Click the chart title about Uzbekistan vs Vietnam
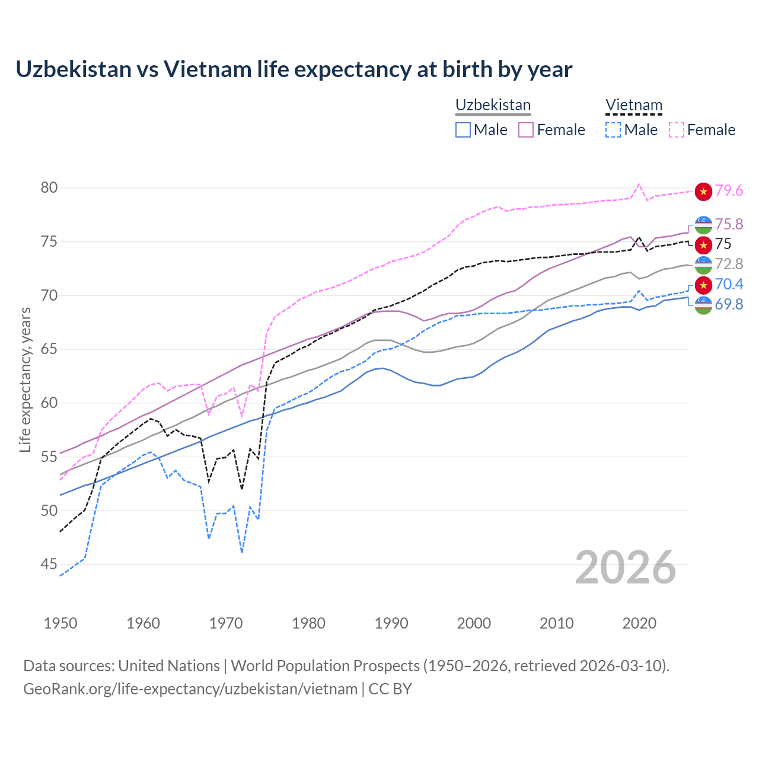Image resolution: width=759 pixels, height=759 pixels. coord(294,69)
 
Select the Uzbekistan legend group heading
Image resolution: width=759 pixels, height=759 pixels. coord(493,105)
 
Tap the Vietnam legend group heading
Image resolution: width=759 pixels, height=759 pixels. coord(633,105)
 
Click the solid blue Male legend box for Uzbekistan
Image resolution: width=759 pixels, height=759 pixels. coord(463,130)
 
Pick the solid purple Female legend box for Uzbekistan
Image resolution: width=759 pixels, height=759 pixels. coord(526,130)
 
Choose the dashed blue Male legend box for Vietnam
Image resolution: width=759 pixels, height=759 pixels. coord(613,130)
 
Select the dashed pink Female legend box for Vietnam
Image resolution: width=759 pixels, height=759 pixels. coord(677,130)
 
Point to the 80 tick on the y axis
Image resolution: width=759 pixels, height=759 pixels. coord(49,188)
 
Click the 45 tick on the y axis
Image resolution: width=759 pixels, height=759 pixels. coord(49,565)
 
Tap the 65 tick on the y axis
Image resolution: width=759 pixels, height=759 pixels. coord(49,349)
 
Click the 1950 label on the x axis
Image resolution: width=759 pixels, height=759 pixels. coord(60,623)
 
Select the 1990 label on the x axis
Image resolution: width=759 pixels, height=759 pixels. coord(391,623)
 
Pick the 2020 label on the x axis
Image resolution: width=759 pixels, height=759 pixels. coord(639,623)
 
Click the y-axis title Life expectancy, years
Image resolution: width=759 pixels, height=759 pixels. coord(25,379)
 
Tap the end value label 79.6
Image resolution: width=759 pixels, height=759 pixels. coord(729,190)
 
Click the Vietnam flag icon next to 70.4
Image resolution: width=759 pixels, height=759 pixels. coord(703,285)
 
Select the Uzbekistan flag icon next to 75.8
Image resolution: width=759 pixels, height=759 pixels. coord(703,225)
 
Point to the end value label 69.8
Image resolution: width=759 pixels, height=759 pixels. coord(729,305)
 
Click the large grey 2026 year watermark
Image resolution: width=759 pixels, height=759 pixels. coord(626,567)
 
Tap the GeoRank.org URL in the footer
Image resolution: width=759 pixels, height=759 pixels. coord(190,689)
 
